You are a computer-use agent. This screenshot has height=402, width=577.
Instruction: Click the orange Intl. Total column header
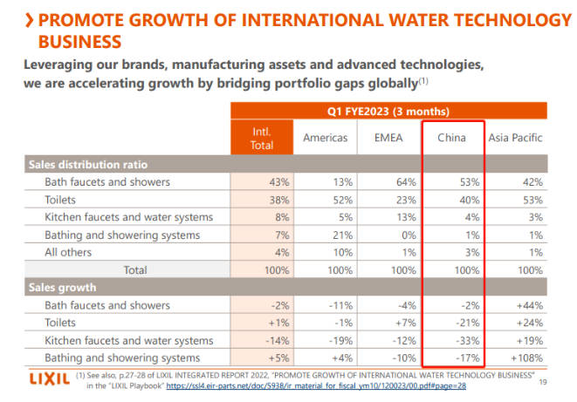[x=261, y=138]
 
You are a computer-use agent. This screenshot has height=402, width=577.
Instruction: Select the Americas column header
[x=325, y=138]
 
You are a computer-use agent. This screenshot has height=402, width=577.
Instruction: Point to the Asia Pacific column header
[x=515, y=138]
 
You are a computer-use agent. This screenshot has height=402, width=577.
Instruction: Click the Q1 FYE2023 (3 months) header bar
[x=388, y=111]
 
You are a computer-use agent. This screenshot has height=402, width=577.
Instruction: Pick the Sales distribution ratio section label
[x=88, y=164]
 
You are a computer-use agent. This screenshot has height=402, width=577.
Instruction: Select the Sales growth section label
[x=62, y=288]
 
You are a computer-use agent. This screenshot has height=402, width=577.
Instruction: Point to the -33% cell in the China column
[x=464, y=341]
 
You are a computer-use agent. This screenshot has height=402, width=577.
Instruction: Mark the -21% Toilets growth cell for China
[x=464, y=324]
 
